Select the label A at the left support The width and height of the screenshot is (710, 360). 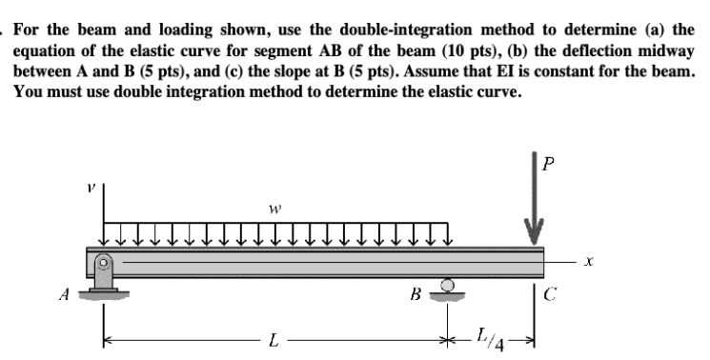(x=63, y=292)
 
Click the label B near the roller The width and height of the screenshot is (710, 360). (x=416, y=293)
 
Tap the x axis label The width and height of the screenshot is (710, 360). (x=591, y=259)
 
